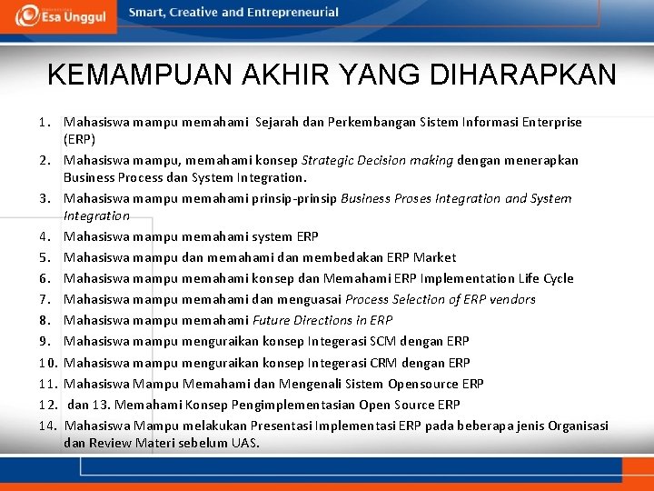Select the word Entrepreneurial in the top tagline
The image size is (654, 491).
(x=294, y=13)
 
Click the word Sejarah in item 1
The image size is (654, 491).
(x=279, y=122)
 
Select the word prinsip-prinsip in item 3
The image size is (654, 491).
(x=295, y=198)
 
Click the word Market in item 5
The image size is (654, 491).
(x=433, y=257)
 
